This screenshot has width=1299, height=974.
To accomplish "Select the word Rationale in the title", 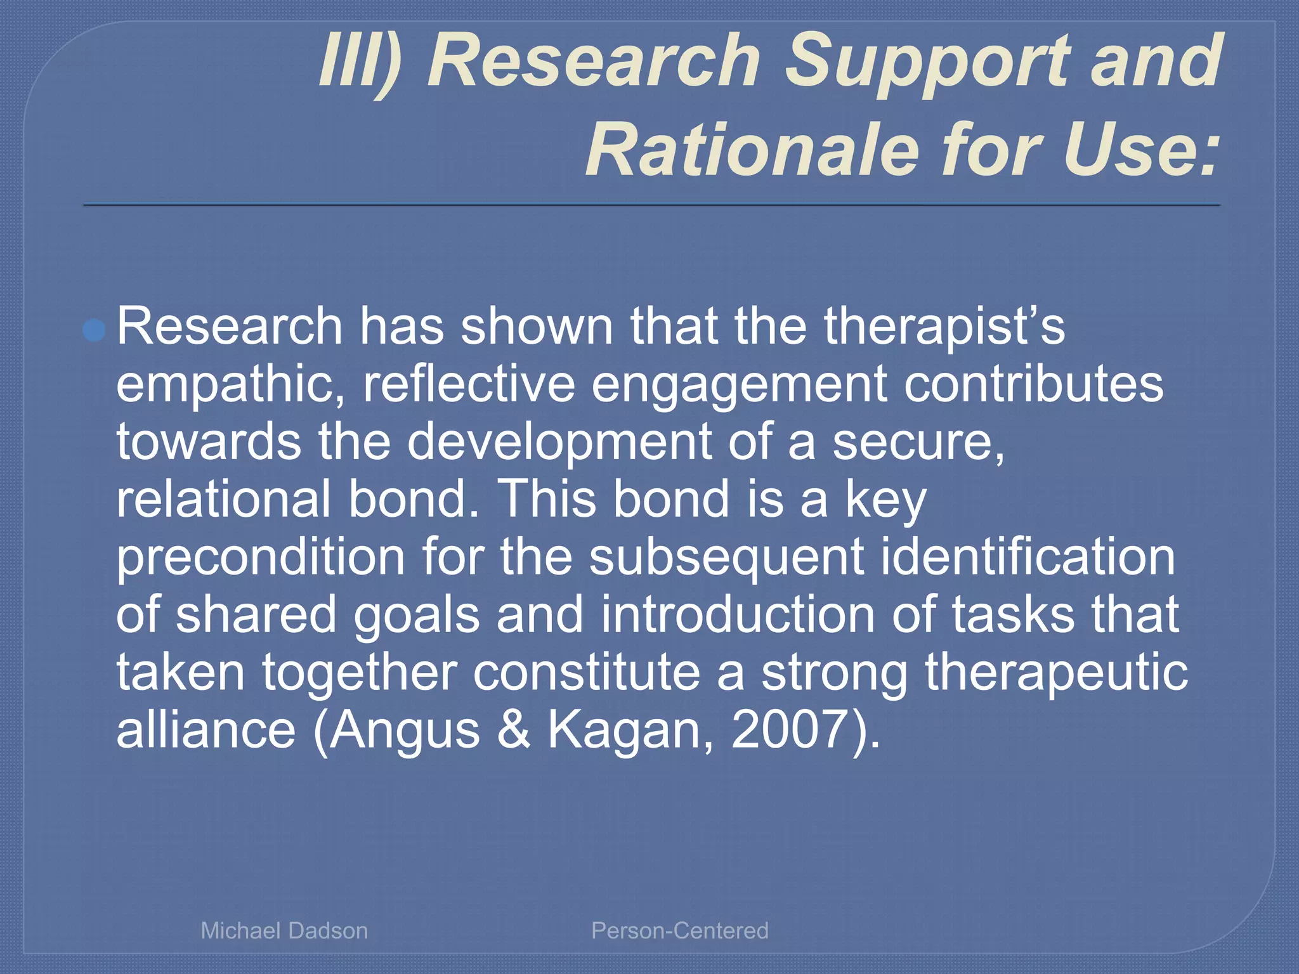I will [x=752, y=151].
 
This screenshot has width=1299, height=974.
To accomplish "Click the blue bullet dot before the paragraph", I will [x=94, y=330].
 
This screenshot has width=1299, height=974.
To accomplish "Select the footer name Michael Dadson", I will [x=284, y=930].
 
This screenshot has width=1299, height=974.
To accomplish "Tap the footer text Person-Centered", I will [x=679, y=930].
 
